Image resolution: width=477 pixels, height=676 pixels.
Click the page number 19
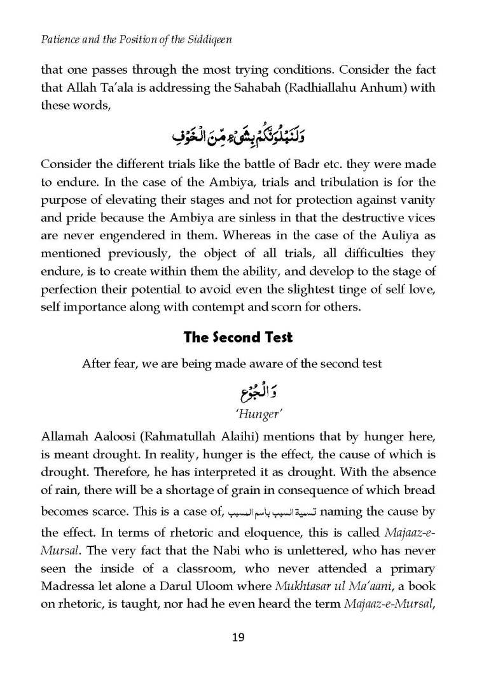point(238,637)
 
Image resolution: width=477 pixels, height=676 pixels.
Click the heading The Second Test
point(238,337)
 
